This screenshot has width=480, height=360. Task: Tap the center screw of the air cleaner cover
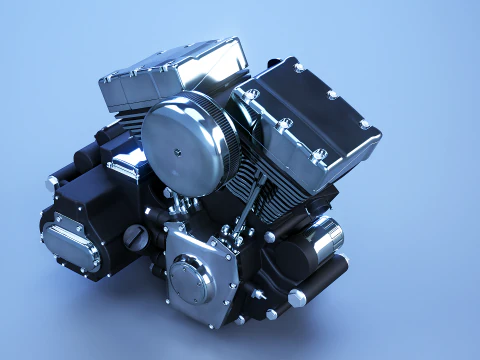178,152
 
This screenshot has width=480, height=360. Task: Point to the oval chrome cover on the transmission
65,238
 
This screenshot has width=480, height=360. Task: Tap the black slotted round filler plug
135,237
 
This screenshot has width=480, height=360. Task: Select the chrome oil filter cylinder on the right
323,241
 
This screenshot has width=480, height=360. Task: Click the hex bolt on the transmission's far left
53,182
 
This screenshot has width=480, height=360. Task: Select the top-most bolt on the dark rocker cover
299,67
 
